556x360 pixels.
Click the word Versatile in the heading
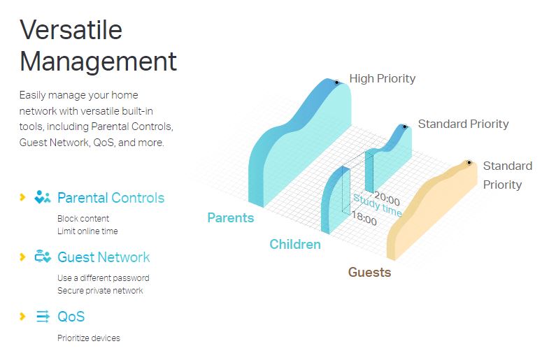tap(71, 30)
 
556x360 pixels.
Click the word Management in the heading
tap(98, 62)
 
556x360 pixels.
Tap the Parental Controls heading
tap(111, 198)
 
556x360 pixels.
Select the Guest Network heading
tap(104, 257)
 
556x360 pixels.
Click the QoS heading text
tap(71, 317)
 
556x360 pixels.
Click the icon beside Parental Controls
tap(42, 197)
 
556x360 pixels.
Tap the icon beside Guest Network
tap(43, 256)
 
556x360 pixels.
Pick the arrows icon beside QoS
tap(43, 316)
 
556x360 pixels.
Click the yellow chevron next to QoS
tap(22, 316)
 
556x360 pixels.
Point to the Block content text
tap(83, 218)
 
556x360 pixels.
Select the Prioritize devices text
tap(89, 338)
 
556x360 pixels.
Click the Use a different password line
tap(104, 278)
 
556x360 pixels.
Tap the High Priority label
tap(383, 78)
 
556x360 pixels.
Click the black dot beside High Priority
tap(336, 82)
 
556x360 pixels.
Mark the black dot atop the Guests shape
tap(469, 163)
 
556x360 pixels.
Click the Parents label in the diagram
tap(231, 217)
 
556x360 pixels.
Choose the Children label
tap(295, 244)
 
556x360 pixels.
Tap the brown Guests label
tap(369, 272)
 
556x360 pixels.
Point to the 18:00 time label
tap(364, 218)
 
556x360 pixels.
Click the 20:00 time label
tap(387, 199)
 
